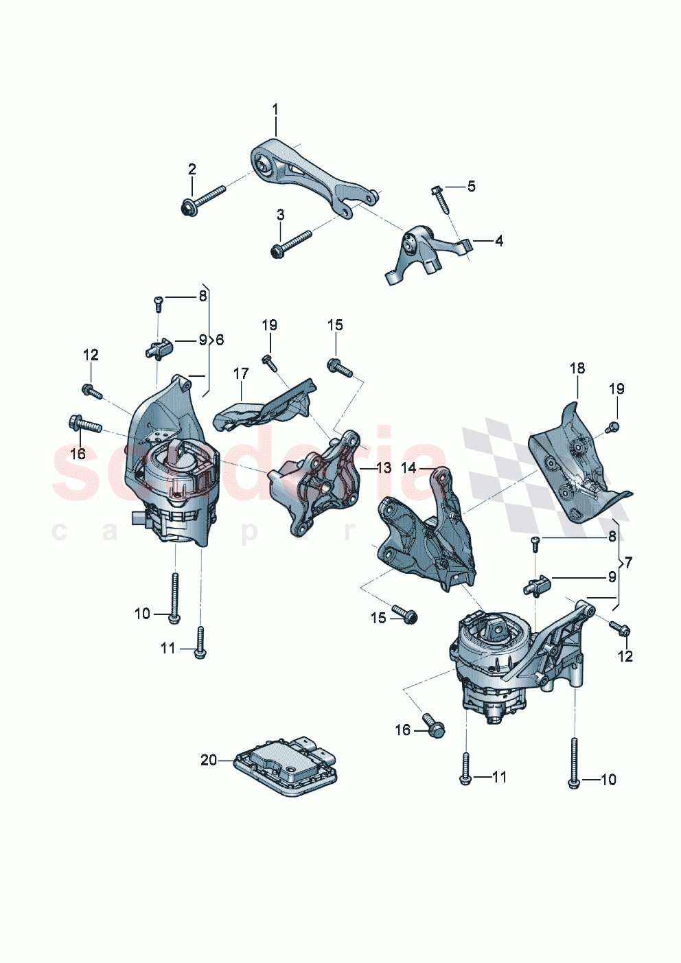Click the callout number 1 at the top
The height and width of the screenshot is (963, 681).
[275, 109]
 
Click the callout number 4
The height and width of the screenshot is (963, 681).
[499, 241]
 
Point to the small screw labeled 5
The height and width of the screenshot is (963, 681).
[438, 194]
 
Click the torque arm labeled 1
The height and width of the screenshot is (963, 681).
[313, 172]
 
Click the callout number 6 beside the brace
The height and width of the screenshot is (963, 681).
[220, 340]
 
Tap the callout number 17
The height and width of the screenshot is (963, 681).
[241, 373]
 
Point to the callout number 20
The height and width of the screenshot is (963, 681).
[209, 760]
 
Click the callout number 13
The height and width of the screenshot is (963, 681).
[384, 468]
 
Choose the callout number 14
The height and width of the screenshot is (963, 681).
[408, 468]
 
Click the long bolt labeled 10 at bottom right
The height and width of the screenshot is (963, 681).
[573, 763]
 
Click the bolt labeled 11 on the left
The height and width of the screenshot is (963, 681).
[200, 642]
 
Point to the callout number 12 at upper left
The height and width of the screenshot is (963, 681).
[91, 355]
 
